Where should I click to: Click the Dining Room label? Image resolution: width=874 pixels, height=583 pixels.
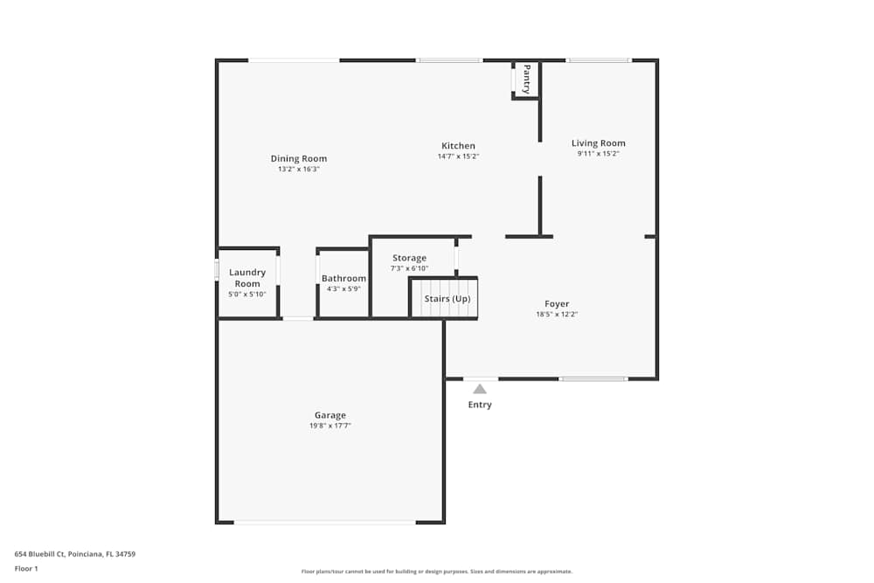[299, 159]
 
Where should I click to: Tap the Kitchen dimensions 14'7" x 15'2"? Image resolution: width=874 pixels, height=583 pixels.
[458, 156]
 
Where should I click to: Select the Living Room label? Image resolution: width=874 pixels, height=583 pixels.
[599, 143]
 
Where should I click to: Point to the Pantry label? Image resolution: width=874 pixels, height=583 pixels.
[526, 79]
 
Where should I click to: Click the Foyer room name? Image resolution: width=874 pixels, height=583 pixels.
[557, 304]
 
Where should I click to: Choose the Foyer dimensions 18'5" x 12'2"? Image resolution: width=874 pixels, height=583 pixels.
[557, 315]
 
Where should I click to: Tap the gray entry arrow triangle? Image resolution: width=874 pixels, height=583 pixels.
[480, 389]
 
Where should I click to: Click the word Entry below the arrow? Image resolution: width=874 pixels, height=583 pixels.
[480, 405]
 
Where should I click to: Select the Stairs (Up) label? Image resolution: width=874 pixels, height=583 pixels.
[447, 299]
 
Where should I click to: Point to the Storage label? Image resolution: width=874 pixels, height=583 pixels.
[409, 258]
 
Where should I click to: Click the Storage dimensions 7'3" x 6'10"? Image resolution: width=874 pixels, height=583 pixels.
[409, 268]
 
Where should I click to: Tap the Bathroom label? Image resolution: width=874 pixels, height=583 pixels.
[343, 279]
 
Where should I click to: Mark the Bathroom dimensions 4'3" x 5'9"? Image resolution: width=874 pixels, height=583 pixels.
[343, 289]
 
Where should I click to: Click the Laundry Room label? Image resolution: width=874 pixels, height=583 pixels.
[247, 278]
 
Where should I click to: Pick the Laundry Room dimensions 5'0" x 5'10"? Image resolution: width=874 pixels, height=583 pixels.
[247, 295]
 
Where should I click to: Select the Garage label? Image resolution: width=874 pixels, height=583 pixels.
[330, 415]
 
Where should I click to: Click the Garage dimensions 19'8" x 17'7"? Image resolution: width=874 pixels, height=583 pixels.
[330, 426]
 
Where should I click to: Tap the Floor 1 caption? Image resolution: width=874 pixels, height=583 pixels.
[26, 569]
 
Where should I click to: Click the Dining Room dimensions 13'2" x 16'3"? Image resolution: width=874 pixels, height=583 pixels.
[299, 170]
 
